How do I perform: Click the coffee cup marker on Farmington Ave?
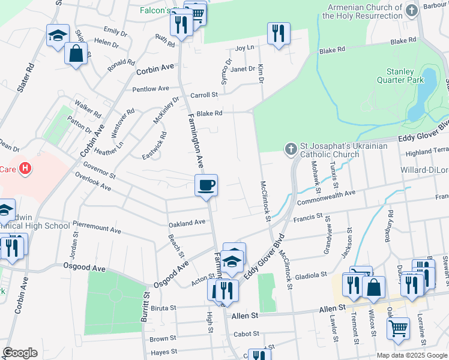[x=206, y=185]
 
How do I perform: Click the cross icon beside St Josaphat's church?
[x=291, y=148]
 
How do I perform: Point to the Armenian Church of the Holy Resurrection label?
[x=362, y=12]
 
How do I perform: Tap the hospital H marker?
[x=25, y=169]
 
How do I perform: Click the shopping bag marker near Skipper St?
[x=76, y=54]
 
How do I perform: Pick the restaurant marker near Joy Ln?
[x=278, y=34]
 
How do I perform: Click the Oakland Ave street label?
[x=187, y=223]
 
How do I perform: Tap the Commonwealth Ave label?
[x=326, y=196]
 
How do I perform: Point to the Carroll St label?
[x=203, y=95]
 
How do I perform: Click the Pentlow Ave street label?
[x=151, y=89]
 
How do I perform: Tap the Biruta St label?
[x=164, y=308]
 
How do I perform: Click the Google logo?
[x=20, y=353]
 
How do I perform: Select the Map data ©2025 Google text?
[x=411, y=355]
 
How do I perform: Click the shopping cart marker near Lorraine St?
[x=398, y=329]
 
